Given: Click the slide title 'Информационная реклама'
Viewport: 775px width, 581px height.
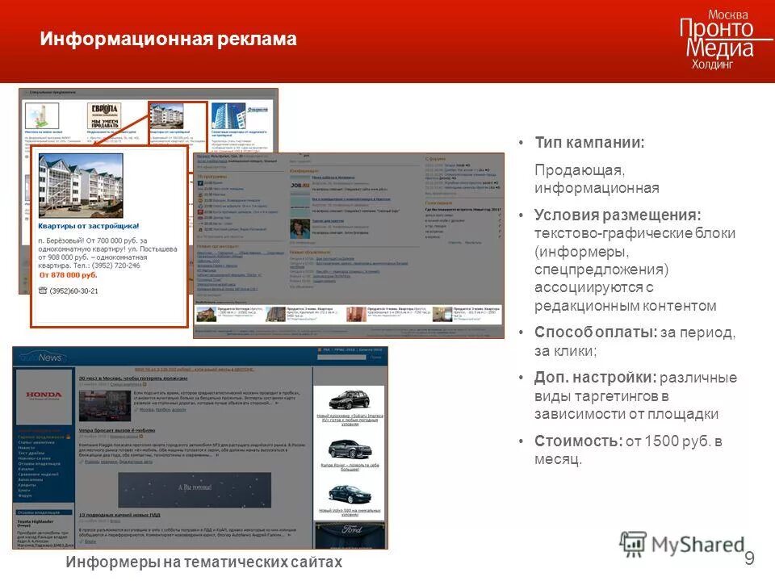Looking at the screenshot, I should [x=169, y=39].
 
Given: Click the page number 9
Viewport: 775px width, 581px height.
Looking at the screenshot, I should [x=749, y=558].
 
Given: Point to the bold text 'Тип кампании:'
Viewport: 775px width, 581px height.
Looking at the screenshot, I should [x=589, y=143].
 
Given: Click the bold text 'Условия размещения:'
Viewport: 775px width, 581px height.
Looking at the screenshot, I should [x=618, y=215].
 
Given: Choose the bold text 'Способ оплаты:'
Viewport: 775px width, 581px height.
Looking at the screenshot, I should [x=595, y=332].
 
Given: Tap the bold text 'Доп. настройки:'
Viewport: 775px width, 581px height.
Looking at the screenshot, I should [x=595, y=378].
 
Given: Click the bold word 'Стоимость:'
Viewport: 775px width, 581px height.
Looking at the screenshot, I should [x=578, y=441].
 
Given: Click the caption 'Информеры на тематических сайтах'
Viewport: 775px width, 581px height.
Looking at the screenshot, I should [x=204, y=562].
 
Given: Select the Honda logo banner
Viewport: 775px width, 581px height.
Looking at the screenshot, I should [x=44, y=395].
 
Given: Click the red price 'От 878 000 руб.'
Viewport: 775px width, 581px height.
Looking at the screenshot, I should [x=69, y=275].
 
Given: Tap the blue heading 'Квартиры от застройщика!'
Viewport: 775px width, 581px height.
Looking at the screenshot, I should [x=89, y=227].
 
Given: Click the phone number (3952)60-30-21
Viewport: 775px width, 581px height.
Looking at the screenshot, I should [x=74, y=290].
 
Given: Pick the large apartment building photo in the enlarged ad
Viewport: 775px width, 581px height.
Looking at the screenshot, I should [x=81, y=186].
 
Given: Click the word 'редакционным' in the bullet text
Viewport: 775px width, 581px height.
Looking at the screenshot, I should [x=582, y=306].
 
